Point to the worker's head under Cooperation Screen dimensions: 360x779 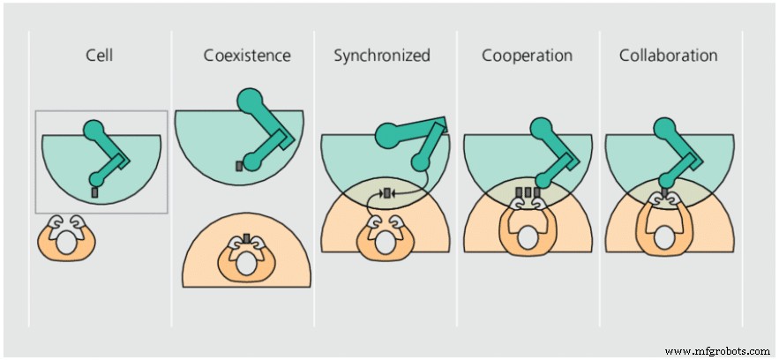pos(527,238)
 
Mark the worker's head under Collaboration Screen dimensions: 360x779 pos(668,238)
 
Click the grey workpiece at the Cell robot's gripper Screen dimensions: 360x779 pos(94,191)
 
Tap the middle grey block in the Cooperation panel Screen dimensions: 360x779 pos(527,192)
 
